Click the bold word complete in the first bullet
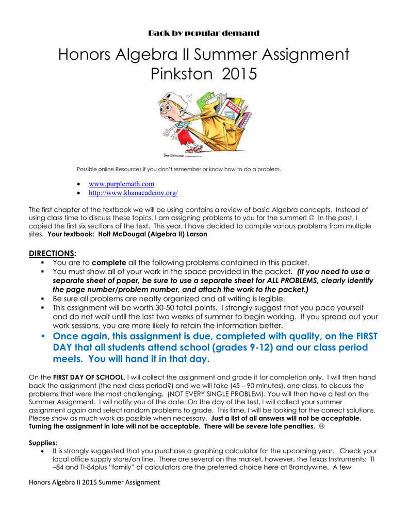pos(109,263)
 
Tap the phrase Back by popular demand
pos(204,34)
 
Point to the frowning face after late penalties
pos(322,426)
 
